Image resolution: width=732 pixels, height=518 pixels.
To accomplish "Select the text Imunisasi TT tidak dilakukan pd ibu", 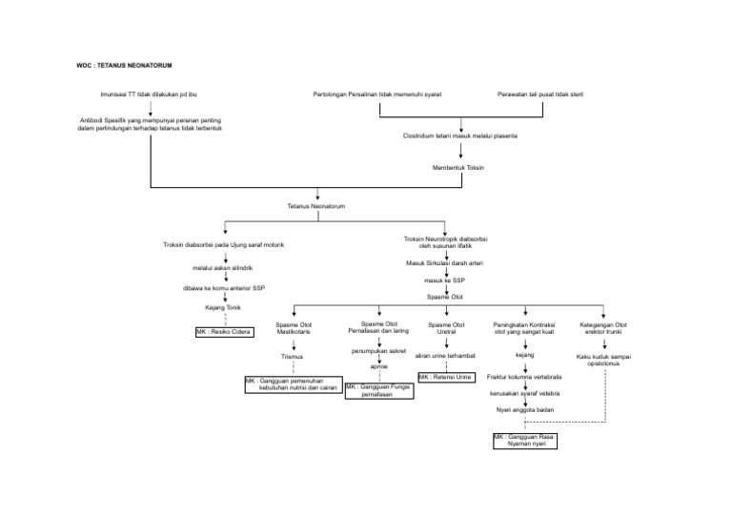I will click(150, 94).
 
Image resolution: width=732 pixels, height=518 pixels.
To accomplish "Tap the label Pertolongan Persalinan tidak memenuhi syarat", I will click(376, 94).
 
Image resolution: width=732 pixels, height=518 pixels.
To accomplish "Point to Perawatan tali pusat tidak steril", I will click(539, 94).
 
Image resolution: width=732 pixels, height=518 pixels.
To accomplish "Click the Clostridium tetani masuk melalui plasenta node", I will click(460, 136).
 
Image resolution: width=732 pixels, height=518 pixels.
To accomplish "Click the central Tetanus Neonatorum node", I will click(316, 206).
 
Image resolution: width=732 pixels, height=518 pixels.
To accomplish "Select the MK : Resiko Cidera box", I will click(224, 332).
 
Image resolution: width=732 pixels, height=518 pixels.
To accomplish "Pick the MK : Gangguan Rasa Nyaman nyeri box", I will click(523, 440).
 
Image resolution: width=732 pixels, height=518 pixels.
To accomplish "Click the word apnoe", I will click(378, 366).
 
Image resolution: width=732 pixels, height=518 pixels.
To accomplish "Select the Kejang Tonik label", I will click(224, 308).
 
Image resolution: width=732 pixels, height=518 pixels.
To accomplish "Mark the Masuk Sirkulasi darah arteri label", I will click(445, 262).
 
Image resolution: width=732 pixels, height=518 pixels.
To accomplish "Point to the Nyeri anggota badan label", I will click(523, 409).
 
